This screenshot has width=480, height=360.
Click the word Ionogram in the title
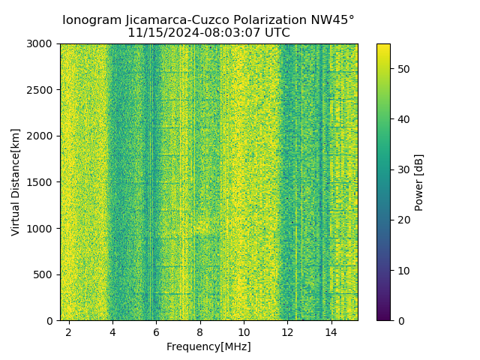coord(91,20)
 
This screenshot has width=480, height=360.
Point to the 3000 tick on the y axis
coord(43,44)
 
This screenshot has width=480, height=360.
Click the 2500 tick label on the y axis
coord(43,90)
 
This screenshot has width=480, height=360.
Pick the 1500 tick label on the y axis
coord(43,182)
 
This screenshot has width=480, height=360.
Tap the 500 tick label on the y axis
coord(46,274)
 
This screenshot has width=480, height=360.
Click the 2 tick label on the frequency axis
coord(69,331)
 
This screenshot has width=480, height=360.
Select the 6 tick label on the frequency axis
coord(156,331)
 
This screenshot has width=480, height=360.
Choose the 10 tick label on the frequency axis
coord(244,331)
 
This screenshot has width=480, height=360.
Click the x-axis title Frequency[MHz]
coord(208,346)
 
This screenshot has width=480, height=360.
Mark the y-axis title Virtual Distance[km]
coord(16,182)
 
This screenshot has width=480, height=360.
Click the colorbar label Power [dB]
coord(419,182)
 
